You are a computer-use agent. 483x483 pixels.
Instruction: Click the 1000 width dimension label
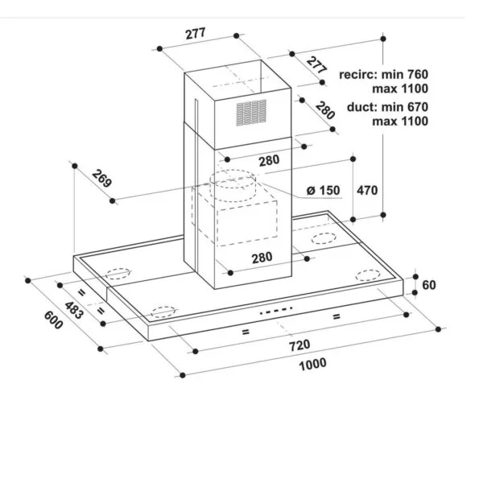tap(312, 364)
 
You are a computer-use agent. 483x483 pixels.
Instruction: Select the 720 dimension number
tap(299, 345)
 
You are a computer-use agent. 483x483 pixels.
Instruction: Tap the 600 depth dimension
tap(54, 320)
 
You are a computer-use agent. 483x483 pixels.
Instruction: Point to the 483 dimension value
tap(74, 311)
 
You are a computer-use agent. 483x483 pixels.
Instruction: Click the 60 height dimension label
tap(429, 285)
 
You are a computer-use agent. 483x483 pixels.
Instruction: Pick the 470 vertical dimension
tap(367, 190)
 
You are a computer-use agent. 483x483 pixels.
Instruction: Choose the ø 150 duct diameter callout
tap(324, 190)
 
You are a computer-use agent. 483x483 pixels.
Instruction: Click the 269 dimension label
tap(101, 179)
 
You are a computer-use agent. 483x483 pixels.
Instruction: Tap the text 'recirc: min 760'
tap(383, 75)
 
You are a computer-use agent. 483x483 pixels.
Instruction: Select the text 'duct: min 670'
tap(387, 107)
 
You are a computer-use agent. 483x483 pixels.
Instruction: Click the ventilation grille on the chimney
tap(251, 113)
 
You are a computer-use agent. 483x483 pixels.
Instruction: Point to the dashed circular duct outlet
tap(233, 185)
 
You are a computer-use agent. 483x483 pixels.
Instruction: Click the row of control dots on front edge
tap(276, 310)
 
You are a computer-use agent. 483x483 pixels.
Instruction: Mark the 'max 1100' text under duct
tap(400, 121)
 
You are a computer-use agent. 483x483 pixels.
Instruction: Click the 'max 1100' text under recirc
tap(400, 89)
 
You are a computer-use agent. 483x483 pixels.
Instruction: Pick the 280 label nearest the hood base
tap(262, 258)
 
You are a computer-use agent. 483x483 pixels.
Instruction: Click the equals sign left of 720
tap(246, 332)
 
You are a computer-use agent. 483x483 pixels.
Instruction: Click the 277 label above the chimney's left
tap(196, 34)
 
